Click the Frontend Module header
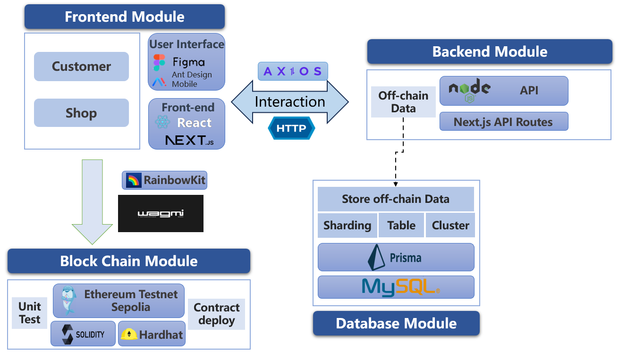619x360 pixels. pyautogui.click(x=125, y=17)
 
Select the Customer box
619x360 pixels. pyautogui.click(x=81, y=67)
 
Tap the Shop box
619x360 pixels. pyautogui.click(x=81, y=113)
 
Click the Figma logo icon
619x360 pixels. pyautogui.click(x=159, y=62)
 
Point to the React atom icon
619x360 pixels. pyautogui.click(x=162, y=123)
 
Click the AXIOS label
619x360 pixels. pyautogui.click(x=293, y=71)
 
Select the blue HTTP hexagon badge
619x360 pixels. pyautogui.click(x=291, y=128)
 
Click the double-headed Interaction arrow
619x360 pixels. pyautogui.click(x=289, y=102)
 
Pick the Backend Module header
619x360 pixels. pyautogui.click(x=490, y=51)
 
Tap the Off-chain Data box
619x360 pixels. pyautogui.click(x=403, y=102)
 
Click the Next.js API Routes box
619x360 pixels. pyautogui.click(x=503, y=122)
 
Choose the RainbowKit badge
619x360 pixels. pyautogui.click(x=165, y=180)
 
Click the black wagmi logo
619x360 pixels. pyautogui.click(x=161, y=213)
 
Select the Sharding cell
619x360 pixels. pyautogui.click(x=347, y=226)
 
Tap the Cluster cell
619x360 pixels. pyautogui.click(x=450, y=226)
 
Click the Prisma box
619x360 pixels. pyautogui.click(x=396, y=258)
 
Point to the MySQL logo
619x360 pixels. pyautogui.click(x=400, y=287)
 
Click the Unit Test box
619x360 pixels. pyautogui.click(x=30, y=313)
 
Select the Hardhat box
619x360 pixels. pyautogui.click(x=152, y=335)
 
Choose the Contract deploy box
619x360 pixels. pyautogui.click(x=217, y=314)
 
